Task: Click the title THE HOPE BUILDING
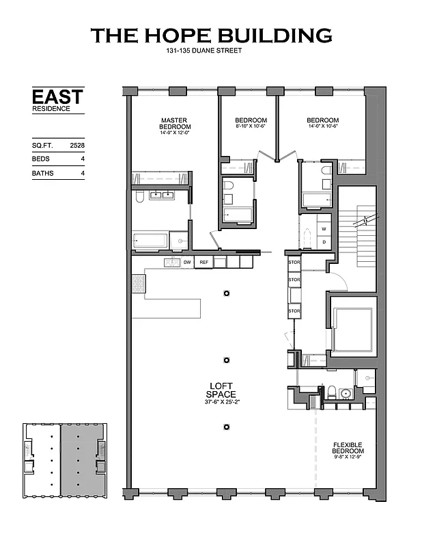pyautogui.click(x=211, y=35)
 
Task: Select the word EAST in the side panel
pyautogui.click(x=57, y=96)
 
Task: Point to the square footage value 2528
pyautogui.click(x=77, y=146)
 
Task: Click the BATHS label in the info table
pyautogui.click(x=42, y=174)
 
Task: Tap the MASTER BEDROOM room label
pyautogui.click(x=175, y=123)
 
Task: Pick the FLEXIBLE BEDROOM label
pyautogui.click(x=348, y=447)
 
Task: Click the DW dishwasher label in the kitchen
pyautogui.click(x=186, y=262)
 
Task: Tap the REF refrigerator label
pyautogui.click(x=203, y=262)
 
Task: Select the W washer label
pyautogui.click(x=324, y=229)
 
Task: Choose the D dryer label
pyautogui.click(x=324, y=243)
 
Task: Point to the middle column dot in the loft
pyautogui.click(x=226, y=360)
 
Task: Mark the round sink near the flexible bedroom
pyautogui.click(x=346, y=394)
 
